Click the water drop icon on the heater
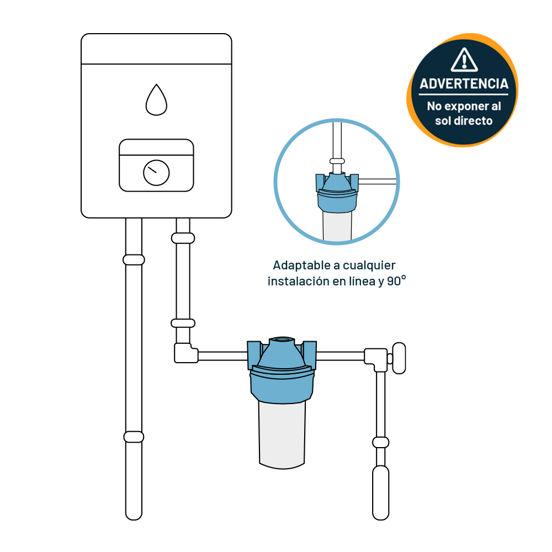pyautogui.click(x=156, y=100)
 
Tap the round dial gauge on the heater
pyautogui.click(x=156, y=173)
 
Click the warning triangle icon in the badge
pyautogui.click(x=464, y=60)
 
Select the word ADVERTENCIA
pyautogui.click(x=464, y=84)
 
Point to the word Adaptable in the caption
pyautogui.click(x=301, y=265)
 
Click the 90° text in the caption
pyautogui.click(x=396, y=281)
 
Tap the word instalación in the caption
pyautogui.click(x=299, y=282)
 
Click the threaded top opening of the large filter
pyautogui.click(x=282, y=341)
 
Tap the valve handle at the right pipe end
pyautogui.click(x=399, y=358)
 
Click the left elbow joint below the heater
pyautogui.click(x=185, y=353)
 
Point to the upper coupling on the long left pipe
pyautogui.click(x=134, y=260)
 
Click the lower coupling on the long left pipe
pyautogui.click(x=134, y=437)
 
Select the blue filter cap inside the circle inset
pyautogui.click(x=337, y=193)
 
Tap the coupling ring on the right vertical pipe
pyautogui.click(x=380, y=442)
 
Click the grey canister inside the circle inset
pyautogui.click(x=337, y=226)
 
